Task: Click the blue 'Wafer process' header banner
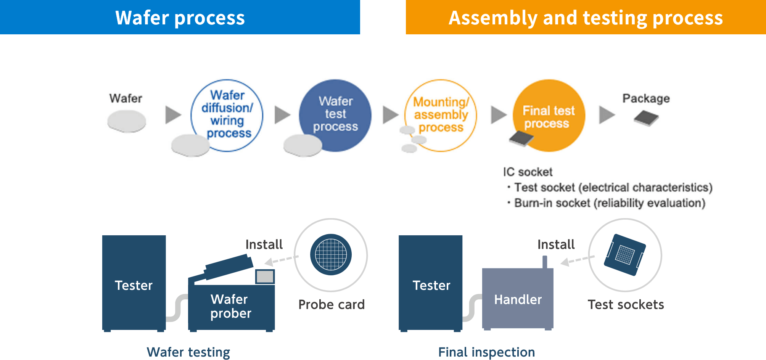pyautogui.click(x=180, y=17)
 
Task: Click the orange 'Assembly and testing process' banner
pyautogui.click(x=586, y=17)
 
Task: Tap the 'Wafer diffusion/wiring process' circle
pyautogui.click(x=227, y=114)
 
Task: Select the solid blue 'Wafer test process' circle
pyautogui.click(x=335, y=114)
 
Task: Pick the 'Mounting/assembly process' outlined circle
pyautogui.click(x=441, y=115)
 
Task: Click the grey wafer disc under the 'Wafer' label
pyautogui.click(x=127, y=121)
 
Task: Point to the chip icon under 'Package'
pyautogui.click(x=646, y=118)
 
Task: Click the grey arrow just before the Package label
pyautogui.click(x=607, y=115)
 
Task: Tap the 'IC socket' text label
pyautogui.click(x=528, y=172)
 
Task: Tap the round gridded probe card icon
pyautogui.click(x=331, y=254)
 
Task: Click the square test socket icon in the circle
pyautogui.click(x=624, y=255)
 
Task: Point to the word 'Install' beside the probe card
pyautogui.click(x=264, y=244)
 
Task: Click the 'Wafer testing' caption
pyautogui.click(x=188, y=352)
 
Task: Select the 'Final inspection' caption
pyautogui.click(x=486, y=352)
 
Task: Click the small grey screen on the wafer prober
pyautogui.click(x=265, y=276)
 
